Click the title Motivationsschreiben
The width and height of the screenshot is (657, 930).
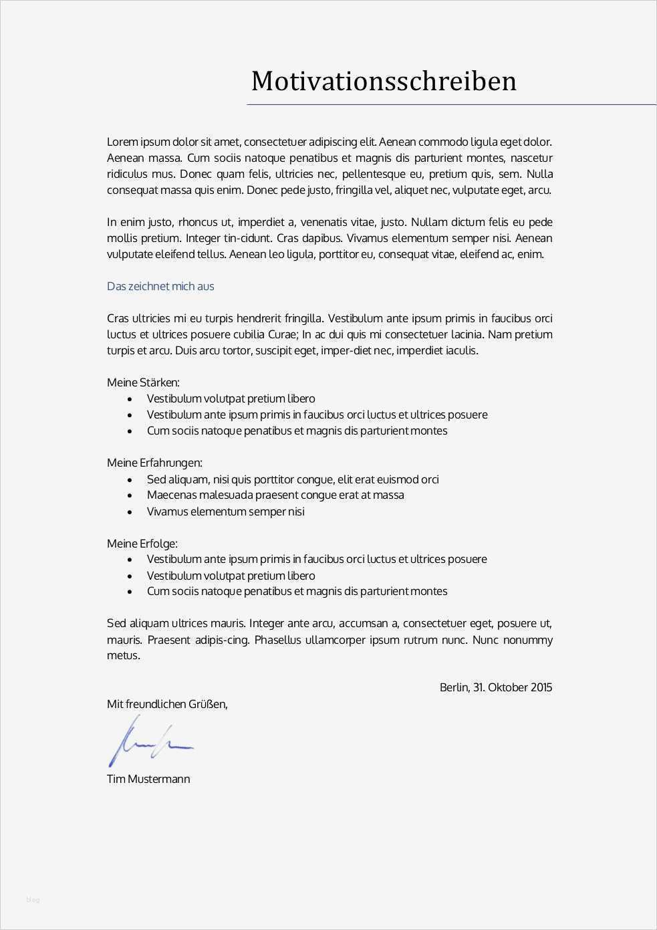click(x=384, y=81)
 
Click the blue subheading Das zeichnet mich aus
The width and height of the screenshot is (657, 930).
click(x=160, y=286)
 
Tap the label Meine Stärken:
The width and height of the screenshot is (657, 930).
click(x=143, y=382)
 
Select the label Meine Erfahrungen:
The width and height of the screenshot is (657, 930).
click(x=154, y=463)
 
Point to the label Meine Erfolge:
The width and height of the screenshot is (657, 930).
click(x=142, y=544)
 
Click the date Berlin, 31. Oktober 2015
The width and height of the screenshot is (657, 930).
click(x=495, y=687)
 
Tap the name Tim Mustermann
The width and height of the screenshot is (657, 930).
click(x=148, y=779)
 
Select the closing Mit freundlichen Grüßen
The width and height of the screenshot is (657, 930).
click(x=167, y=704)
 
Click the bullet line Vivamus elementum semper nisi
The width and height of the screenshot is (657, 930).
click(x=225, y=511)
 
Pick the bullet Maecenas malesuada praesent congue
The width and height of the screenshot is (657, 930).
click(x=275, y=495)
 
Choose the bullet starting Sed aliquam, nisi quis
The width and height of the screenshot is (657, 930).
click(x=292, y=479)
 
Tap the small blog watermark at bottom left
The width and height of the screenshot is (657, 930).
click(x=33, y=899)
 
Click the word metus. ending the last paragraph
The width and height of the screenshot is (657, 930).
click(x=124, y=655)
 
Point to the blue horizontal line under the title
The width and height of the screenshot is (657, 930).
click(x=451, y=105)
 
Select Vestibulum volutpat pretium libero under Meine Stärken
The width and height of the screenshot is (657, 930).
click(x=231, y=398)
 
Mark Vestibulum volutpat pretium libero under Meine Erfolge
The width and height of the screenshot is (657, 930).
click(x=231, y=576)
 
